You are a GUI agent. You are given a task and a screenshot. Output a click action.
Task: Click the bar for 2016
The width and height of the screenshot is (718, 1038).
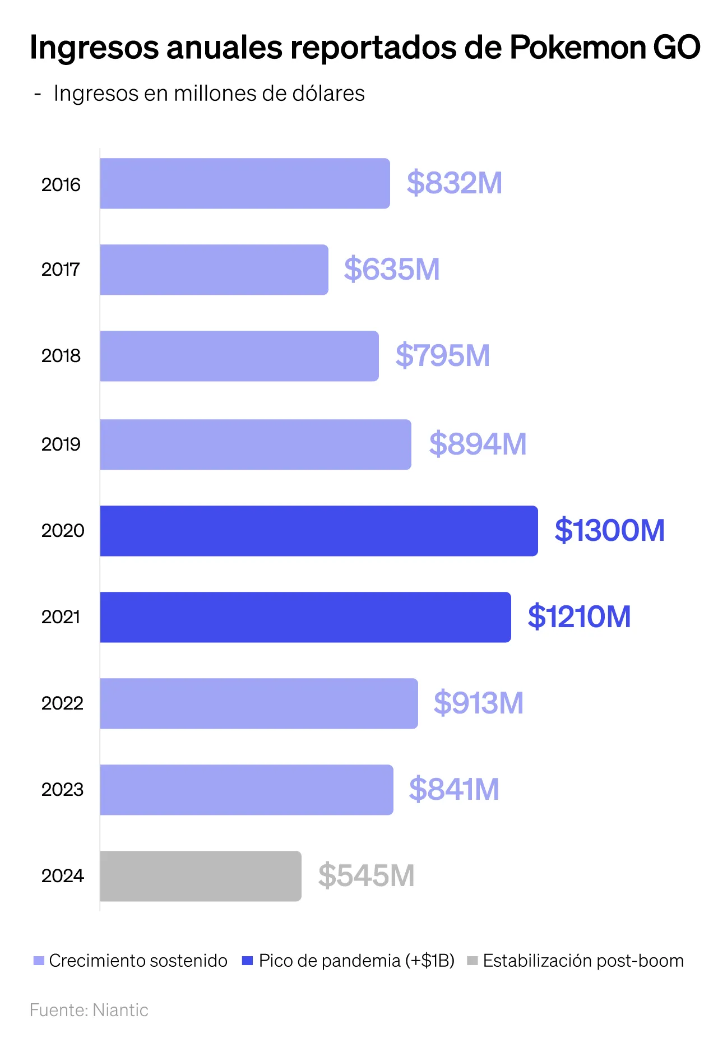pyautogui.click(x=245, y=183)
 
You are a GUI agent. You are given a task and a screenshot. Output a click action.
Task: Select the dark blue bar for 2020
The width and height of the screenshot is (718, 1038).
pyautogui.click(x=319, y=531)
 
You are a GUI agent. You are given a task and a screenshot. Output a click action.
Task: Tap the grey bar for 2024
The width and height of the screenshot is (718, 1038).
pyautogui.click(x=201, y=876)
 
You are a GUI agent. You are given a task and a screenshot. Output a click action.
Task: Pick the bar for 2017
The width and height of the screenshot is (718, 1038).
pyautogui.click(x=214, y=270)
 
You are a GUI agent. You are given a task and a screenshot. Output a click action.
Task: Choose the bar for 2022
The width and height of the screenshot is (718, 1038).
pyautogui.click(x=259, y=703)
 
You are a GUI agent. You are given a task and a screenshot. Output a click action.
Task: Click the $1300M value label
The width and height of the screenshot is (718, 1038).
pyautogui.click(x=609, y=531)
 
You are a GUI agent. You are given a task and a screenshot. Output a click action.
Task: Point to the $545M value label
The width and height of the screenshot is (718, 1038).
pyautogui.click(x=366, y=876)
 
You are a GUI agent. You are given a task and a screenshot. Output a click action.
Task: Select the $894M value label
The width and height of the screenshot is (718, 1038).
pyautogui.click(x=478, y=444)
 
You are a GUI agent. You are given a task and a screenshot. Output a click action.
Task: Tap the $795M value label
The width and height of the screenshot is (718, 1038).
pyautogui.click(x=442, y=356)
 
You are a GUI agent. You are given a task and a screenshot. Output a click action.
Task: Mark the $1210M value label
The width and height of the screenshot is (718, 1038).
pyautogui.click(x=579, y=617)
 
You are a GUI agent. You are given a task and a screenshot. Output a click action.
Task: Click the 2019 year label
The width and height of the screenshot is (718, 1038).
pyautogui.click(x=61, y=444)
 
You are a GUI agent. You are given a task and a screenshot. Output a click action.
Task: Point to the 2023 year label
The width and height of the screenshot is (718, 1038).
pyautogui.click(x=62, y=790)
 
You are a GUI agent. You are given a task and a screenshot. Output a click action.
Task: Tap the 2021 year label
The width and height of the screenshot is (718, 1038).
pyautogui.click(x=61, y=617)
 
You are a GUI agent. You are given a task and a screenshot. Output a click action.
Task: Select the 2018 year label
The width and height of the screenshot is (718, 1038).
pyautogui.click(x=61, y=356)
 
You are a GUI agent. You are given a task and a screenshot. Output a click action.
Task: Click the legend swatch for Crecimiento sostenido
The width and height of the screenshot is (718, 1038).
pyautogui.click(x=39, y=961)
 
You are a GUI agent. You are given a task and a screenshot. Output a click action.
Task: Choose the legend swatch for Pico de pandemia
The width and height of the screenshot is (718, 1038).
pyautogui.click(x=247, y=961)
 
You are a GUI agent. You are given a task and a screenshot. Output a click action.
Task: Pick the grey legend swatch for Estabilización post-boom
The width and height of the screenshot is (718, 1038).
pyautogui.click(x=472, y=961)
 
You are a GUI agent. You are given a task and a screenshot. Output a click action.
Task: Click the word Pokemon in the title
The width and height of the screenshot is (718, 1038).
pyautogui.click(x=577, y=48)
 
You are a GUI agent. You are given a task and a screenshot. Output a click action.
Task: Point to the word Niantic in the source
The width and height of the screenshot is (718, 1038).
pyautogui.click(x=121, y=1010)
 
